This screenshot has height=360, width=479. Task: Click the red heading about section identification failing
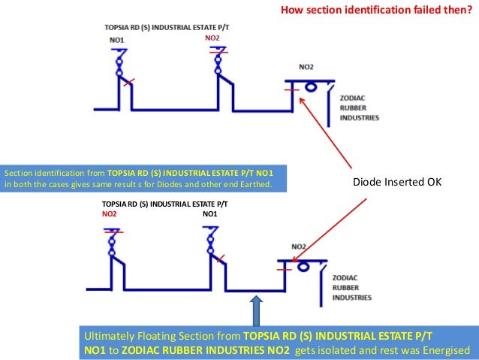[375, 11]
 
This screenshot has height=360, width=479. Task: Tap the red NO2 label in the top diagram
[213, 37]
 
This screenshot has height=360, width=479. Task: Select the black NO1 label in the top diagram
[116, 38]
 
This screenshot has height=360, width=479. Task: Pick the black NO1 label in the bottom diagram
[211, 213]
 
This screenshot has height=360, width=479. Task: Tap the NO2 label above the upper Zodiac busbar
[306, 67]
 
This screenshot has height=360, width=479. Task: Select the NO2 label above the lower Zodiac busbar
[299, 247]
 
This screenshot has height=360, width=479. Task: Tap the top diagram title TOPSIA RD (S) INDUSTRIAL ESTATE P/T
[167, 27]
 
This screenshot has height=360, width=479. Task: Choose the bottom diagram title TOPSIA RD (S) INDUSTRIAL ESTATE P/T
[164, 204]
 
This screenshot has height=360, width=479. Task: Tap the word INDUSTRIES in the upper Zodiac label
[360, 118]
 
